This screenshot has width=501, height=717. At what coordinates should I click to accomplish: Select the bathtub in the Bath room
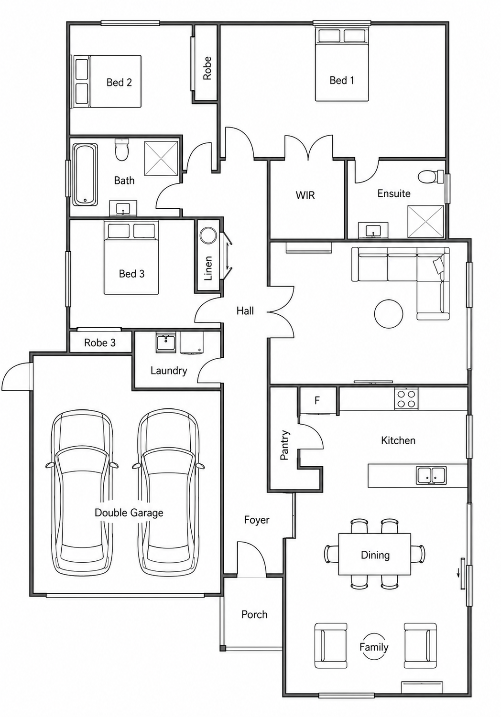point(85,175)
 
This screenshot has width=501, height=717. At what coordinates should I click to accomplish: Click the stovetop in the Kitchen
point(406,398)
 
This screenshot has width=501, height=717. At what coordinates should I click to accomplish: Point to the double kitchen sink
point(431,475)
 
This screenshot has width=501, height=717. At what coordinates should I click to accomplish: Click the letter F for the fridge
point(317,400)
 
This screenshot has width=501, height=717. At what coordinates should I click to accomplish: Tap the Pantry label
point(284,445)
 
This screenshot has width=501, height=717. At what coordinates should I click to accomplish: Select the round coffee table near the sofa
point(389,313)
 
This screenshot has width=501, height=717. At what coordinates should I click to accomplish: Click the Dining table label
point(375,555)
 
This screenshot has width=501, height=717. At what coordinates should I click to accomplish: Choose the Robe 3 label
point(99,343)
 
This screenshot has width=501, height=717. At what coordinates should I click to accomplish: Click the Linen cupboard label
point(208,268)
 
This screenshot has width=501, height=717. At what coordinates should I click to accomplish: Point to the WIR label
point(305,195)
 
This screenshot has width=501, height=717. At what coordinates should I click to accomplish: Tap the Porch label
point(254,614)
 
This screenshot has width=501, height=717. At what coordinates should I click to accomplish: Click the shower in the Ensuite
point(426,222)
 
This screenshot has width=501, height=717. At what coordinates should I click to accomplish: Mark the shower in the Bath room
point(161,159)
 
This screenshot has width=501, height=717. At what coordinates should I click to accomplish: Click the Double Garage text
point(129,513)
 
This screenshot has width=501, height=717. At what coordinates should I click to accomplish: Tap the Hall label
point(245,310)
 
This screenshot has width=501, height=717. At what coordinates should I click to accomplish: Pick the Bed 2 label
point(119,82)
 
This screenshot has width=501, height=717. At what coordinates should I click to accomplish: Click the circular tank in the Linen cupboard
point(208,236)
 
